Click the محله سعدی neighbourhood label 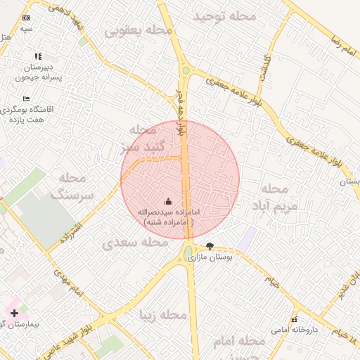click(x=135, y=243)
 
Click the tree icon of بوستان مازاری click(x=210, y=246)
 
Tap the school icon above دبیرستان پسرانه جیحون click(x=38, y=56)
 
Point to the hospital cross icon click(x=14, y=312)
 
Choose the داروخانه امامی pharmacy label click(x=295, y=329)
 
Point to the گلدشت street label click(x=266, y=67)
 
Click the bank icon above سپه click(x=27, y=18)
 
